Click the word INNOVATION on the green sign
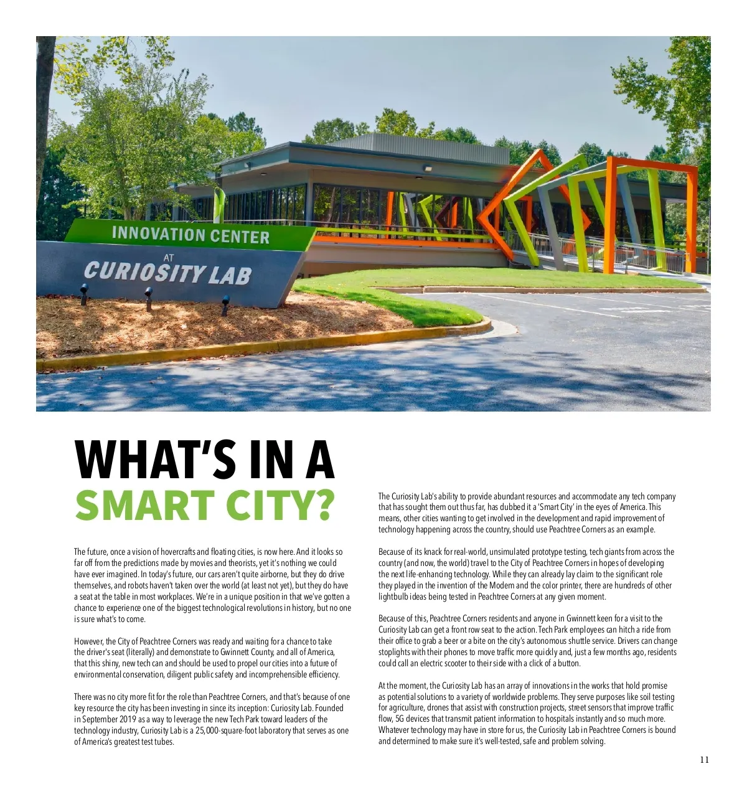coord(158,234)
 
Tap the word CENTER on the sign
coord(240,237)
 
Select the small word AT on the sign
coord(169,257)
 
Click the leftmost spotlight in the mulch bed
coord(84,290)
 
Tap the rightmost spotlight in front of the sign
coord(225,303)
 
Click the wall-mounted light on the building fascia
coord(427,168)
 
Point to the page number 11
coord(704,760)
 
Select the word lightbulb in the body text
coord(393,597)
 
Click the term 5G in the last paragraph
coord(400,719)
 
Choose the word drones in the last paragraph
coord(461,707)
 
